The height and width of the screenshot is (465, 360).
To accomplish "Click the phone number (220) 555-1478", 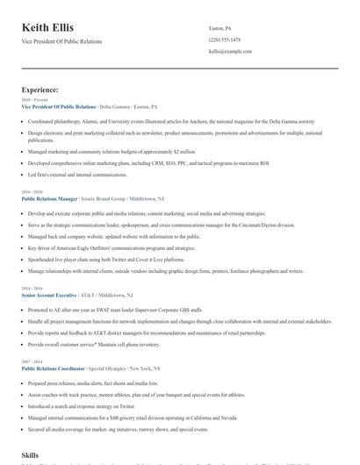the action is [x=224, y=39].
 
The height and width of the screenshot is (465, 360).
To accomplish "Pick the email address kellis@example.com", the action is [x=230, y=52].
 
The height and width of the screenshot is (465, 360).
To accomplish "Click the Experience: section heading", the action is [x=40, y=89].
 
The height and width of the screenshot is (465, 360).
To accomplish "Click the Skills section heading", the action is [x=30, y=455].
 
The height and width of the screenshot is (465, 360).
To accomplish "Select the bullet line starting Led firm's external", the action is [x=78, y=174].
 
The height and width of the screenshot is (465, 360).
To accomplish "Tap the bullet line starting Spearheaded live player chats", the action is [x=106, y=260].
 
